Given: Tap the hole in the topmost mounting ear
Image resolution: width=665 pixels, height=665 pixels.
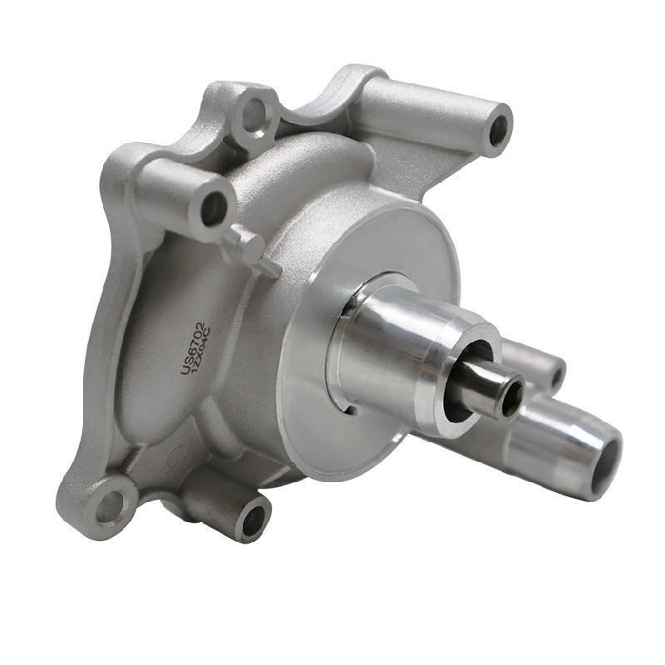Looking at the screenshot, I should [x=253, y=115].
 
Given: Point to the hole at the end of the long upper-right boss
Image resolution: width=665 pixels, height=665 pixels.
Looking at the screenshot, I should [x=499, y=130].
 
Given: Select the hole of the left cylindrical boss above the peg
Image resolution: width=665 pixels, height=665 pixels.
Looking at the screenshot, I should [x=214, y=207].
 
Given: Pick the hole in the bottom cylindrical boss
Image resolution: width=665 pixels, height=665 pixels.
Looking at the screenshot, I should [x=251, y=521].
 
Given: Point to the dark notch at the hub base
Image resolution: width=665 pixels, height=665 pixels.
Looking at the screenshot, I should [x=348, y=407].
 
